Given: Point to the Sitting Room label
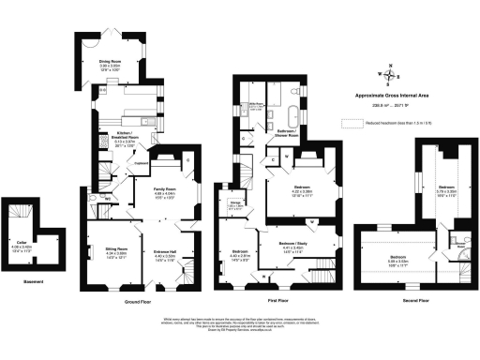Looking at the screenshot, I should coord(116,248).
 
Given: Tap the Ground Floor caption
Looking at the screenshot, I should coord(139,302).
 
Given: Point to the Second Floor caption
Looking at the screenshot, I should coord(414,302).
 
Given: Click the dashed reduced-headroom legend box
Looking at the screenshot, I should coord(352,122).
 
